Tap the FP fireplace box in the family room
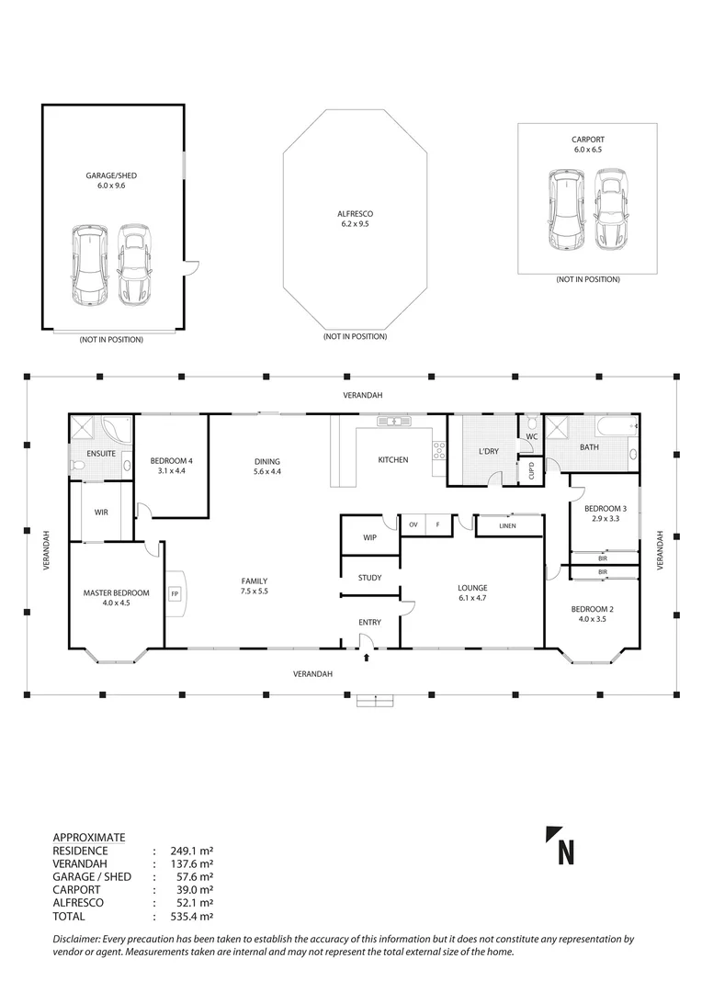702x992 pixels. point(175,592)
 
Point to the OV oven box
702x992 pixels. point(413,524)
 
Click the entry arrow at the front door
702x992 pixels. point(368,656)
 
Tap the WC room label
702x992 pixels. point(531,436)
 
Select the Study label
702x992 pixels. point(369,578)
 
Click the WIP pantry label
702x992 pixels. point(370,537)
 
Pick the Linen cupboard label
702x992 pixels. point(507,525)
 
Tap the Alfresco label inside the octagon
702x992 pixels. point(355,213)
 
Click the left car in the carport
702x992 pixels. point(565,210)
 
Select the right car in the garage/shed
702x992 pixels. point(134,266)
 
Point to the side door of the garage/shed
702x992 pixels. point(189,267)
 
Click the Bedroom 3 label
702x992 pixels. point(605,508)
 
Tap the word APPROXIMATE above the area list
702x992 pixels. point(89,837)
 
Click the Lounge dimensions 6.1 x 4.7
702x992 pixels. point(474,600)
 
